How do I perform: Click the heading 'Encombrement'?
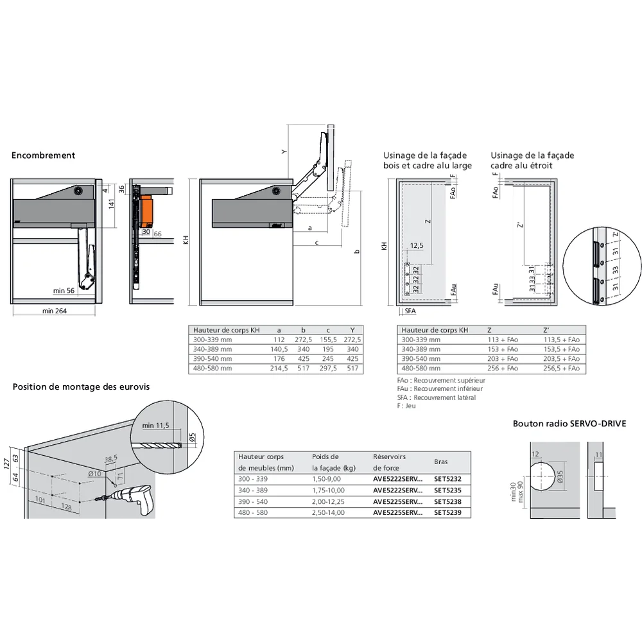click(43, 155)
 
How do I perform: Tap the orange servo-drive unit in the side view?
click(148, 208)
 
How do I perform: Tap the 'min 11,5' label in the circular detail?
click(155, 425)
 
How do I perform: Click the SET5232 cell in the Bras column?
click(447, 479)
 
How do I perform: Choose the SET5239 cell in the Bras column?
click(447, 513)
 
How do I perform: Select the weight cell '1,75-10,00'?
click(328, 490)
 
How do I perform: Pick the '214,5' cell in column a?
click(278, 369)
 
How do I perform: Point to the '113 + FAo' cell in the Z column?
click(501, 340)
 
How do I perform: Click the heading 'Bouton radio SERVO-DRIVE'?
click(569, 424)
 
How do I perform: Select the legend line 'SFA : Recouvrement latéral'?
click(436, 397)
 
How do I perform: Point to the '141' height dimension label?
click(110, 204)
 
